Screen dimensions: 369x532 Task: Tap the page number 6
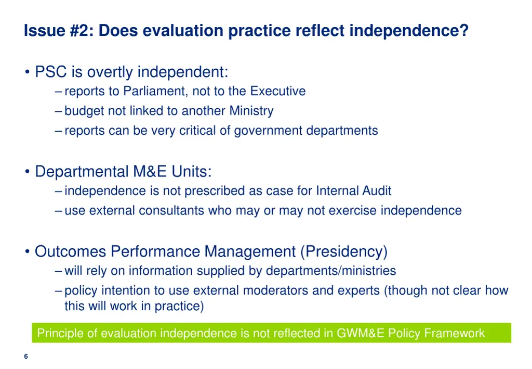pyautogui.click(x=26, y=357)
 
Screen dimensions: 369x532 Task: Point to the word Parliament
pyautogui.click(x=155, y=92)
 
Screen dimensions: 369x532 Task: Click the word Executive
pyautogui.click(x=277, y=92)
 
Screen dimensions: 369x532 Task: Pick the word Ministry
pyautogui.click(x=251, y=111)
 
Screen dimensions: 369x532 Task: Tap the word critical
pyautogui.click(x=197, y=131)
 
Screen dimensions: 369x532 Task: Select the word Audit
pyautogui.click(x=374, y=191)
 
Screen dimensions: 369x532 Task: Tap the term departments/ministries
pyautogui.click(x=331, y=271)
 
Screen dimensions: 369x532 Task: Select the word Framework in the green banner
pyautogui.click(x=455, y=333)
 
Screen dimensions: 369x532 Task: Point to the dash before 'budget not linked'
pyautogui.click(x=58, y=111)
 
